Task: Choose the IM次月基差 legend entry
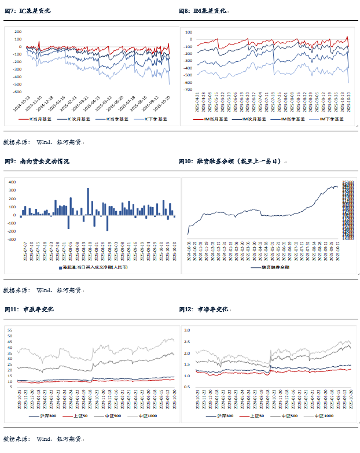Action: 252,119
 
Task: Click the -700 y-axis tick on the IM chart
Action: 188,90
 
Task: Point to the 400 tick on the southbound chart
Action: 12,182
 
